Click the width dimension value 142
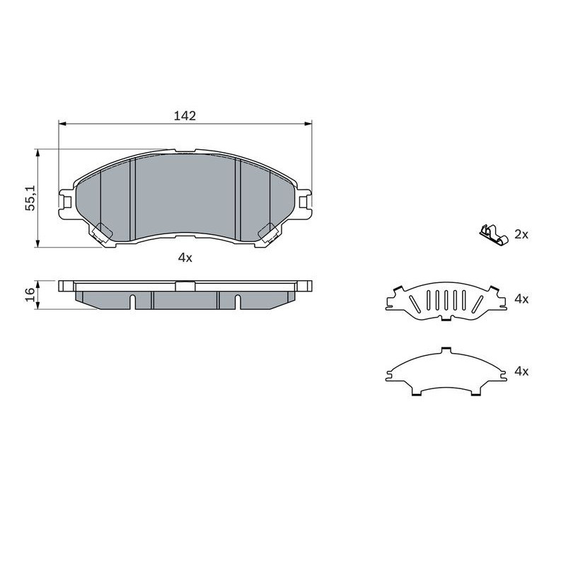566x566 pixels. click(x=185, y=116)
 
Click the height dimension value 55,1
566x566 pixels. click(x=30, y=198)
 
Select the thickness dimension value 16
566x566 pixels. click(x=30, y=294)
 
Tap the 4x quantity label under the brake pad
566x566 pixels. click(x=185, y=258)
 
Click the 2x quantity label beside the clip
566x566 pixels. click(x=521, y=235)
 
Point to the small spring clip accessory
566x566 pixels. click(x=493, y=235)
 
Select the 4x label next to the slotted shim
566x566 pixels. click(x=521, y=299)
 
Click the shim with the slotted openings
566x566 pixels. click(x=446, y=301)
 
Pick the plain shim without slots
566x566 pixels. click(x=446, y=372)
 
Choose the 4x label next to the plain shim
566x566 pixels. click(x=521, y=371)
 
